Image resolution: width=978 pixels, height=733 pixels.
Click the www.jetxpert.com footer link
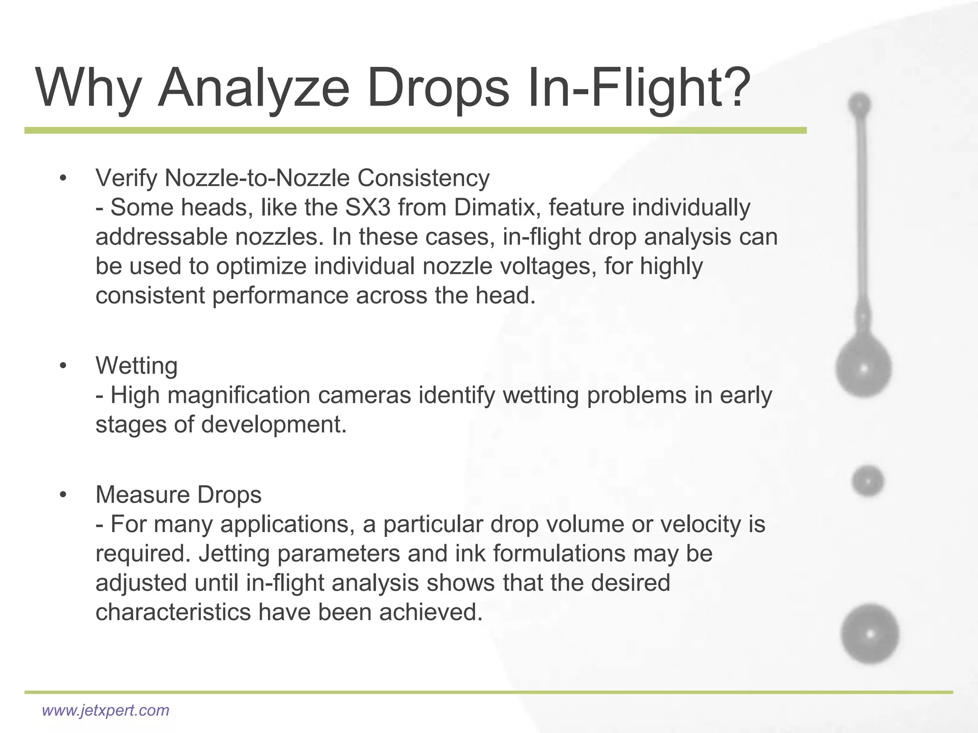click(x=106, y=710)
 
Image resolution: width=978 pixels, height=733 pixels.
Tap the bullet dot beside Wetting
click(x=63, y=366)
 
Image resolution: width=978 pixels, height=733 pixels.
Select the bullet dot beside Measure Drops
click(x=63, y=495)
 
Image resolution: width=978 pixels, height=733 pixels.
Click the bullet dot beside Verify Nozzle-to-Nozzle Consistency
click(x=63, y=179)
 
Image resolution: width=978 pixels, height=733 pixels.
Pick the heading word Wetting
click(x=137, y=366)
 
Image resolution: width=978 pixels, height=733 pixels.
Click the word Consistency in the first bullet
click(x=423, y=178)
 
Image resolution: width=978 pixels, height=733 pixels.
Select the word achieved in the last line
click(x=431, y=612)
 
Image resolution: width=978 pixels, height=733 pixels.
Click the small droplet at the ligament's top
click(x=860, y=104)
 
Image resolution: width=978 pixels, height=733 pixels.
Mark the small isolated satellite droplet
click(x=867, y=481)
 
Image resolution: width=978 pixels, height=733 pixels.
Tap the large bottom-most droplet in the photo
click(x=870, y=634)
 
